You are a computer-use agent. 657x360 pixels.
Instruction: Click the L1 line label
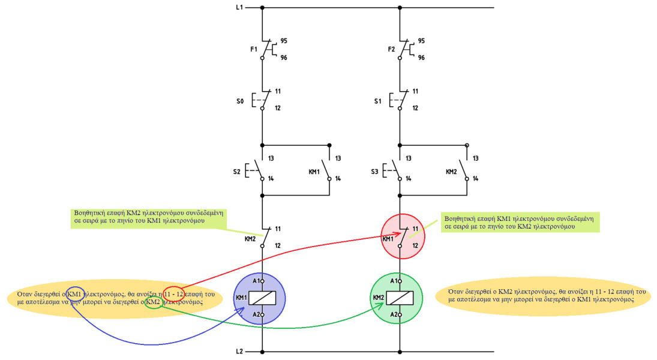pyautogui.click(x=239, y=8)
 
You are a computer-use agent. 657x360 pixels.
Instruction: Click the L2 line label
pyautogui.click(x=239, y=352)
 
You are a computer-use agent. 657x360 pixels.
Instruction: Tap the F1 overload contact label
pyautogui.click(x=253, y=49)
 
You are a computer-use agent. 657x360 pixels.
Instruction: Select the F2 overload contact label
pyautogui.click(x=391, y=49)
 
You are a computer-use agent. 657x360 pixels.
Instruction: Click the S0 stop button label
pyautogui.click(x=241, y=102)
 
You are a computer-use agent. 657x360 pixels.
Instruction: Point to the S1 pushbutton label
pyautogui.click(x=377, y=102)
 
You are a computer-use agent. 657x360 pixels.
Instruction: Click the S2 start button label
pyautogui.click(x=237, y=171)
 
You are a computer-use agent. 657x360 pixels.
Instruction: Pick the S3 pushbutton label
pyautogui.click(x=375, y=171)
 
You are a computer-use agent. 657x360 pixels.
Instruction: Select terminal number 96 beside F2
pyautogui.click(x=421, y=58)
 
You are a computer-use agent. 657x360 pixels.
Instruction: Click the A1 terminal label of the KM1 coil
pyautogui.click(x=256, y=281)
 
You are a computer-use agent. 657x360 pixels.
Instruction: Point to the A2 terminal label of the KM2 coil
pyautogui.click(x=393, y=314)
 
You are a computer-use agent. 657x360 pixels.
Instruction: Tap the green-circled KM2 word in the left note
pyautogui.click(x=153, y=303)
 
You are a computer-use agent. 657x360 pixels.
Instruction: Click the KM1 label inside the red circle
pyautogui.click(x=389, y=238)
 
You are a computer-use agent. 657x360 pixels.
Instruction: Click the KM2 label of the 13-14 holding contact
pyautogui.click(x=452, y=171)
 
